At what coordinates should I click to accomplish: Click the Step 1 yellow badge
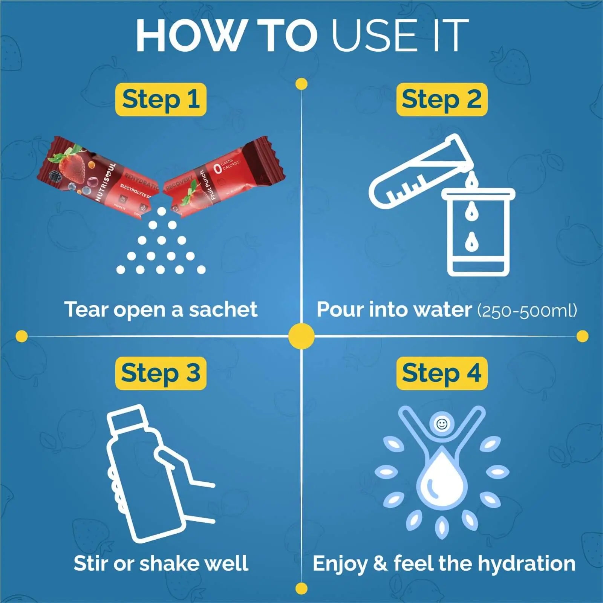click(x=161, y=99)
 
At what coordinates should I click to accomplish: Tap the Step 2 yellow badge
click(x=442, y=99)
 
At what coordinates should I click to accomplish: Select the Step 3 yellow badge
click(x=161, y=373)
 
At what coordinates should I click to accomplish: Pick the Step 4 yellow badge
click(x=442, y=373)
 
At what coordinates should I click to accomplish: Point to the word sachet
click(x=223, y=309)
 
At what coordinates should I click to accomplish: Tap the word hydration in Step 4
click(x=526, y=564)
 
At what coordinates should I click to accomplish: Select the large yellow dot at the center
click(x=301, y=336)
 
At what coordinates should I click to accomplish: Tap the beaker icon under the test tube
click(x=478, y=234)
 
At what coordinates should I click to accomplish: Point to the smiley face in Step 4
click(x=442, y=424)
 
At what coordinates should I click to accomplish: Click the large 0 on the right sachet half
click(x=217, y=169)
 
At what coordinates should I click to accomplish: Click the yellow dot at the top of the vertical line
click(x=301, y=84)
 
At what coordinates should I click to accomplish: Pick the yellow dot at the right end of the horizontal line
click(x=582, y=336)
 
